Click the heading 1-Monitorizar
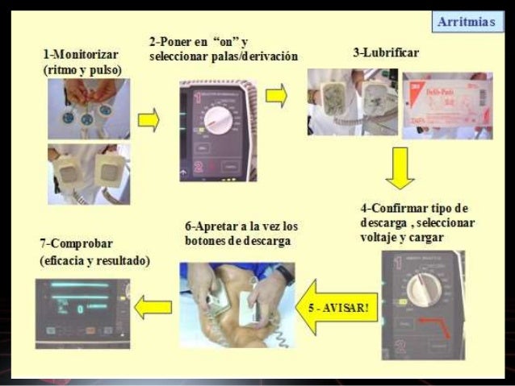pyautogui.click(x=81, y=54)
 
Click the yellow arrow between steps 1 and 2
pyautogui.click(x=147, y=122)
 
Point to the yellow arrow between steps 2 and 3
pyautogui.click(x=276, y=95)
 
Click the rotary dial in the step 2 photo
pyautogui.click(x=219, y=121)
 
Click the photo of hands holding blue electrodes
pyautogui.click(x=86, y=109)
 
